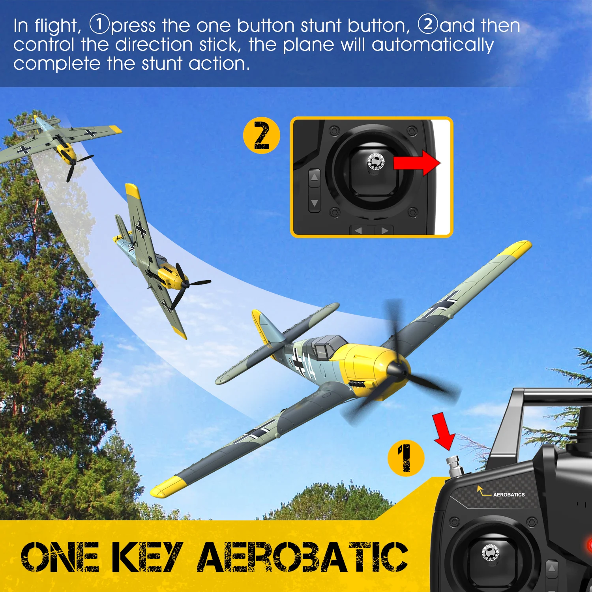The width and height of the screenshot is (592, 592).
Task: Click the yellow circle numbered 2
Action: click(x=261, y=135)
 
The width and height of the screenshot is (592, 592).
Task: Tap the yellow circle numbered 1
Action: click(x=406, y=458)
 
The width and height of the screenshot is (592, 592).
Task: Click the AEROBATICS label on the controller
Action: click(x=508, y=495)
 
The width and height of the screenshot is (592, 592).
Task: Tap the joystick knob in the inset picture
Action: click(x=375, y=161)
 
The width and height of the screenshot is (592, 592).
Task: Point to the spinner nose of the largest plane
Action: click(x=395, y=370)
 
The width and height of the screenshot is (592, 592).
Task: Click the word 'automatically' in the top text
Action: click(x=433, y=45)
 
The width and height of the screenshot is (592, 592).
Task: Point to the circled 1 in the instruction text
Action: click(x=99, y=24)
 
